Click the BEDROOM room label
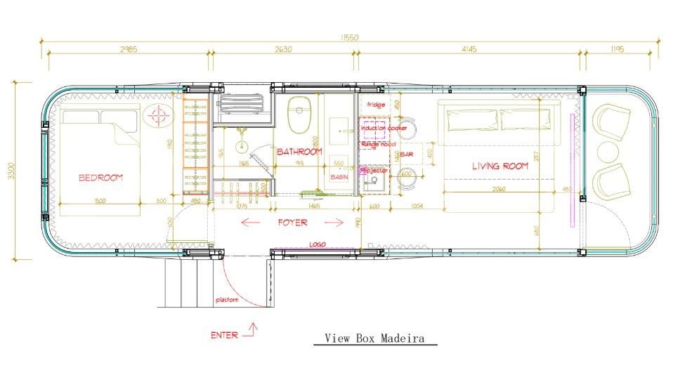100,178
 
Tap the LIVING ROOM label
500,166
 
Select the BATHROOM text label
299,152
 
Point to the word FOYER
292,223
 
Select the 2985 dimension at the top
127,49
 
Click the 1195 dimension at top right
618,49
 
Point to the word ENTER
224,335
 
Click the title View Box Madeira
374,338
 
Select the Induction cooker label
384,129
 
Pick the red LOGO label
318,244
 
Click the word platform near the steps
227,300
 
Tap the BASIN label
339,178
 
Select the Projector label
374,171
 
